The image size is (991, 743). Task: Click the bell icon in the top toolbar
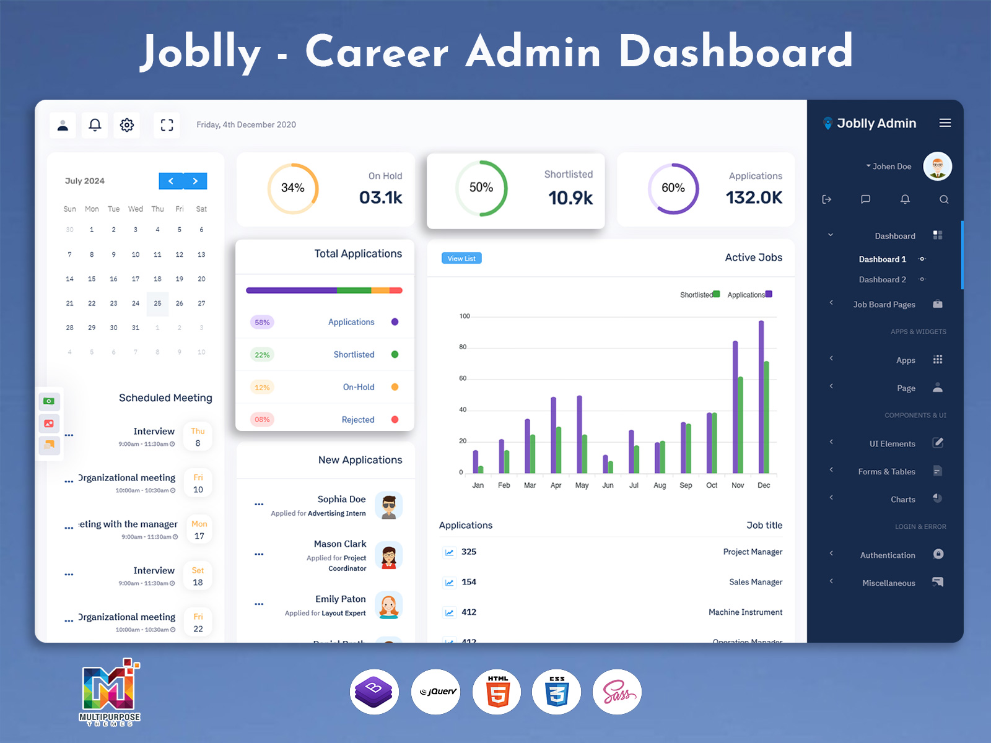[x=95, y=125]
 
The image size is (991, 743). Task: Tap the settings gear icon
[x=127, y=125]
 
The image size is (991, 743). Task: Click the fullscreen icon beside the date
[x=167, y=125]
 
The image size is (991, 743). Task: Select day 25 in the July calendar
[x=157, y=303]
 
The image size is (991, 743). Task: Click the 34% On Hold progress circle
[x=293, y=188]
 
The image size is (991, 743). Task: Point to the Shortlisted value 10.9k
[x=570, y=198]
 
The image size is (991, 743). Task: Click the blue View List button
[x=461, y=258]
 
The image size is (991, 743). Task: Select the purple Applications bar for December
[x=761, y=396]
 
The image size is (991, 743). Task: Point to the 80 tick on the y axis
[x=463, y=347]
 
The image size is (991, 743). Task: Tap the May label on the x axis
[x=582, y=485]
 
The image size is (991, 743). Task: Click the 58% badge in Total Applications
[x=262, y=323]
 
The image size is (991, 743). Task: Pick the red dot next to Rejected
[x=395, y=419]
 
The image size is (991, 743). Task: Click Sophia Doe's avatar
[x=388, y=506]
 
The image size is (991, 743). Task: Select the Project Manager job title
[x=753, y=552]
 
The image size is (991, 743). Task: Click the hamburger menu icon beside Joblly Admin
[x=945, y=123]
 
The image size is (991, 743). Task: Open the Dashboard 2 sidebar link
[x=882, y=280]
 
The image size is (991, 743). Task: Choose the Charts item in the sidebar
[x=902, y=500]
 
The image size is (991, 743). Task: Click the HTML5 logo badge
[x=497, y=692]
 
